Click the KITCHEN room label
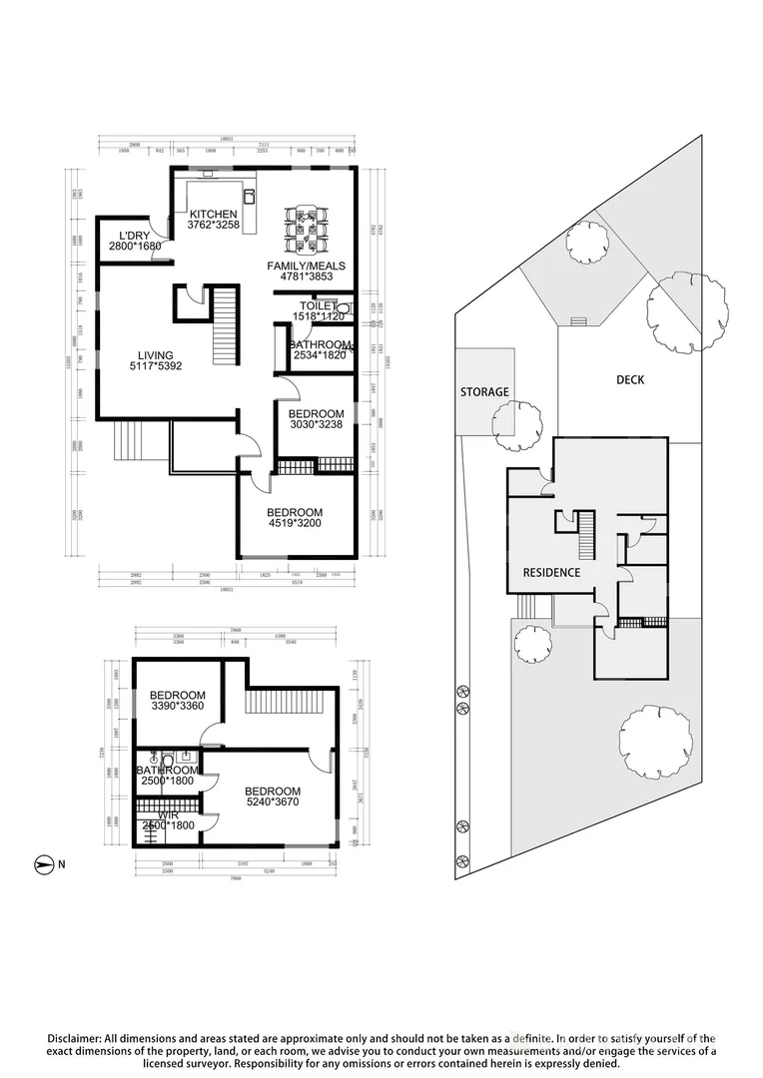click(213, 214)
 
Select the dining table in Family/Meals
click(307, 230)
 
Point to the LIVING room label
click(155, 355)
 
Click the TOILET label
click(320, 305)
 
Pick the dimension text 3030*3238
click(316, 424)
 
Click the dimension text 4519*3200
click(295, 524)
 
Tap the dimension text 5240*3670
click(273, 802)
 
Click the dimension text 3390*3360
click(177, 707)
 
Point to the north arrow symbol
click(44, 862)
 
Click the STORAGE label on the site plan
click(484, 392)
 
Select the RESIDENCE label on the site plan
click(552, 573)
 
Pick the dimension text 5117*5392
click(155, 366)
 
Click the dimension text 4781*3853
click(313, 276)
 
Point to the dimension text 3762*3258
click(213, 226)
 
